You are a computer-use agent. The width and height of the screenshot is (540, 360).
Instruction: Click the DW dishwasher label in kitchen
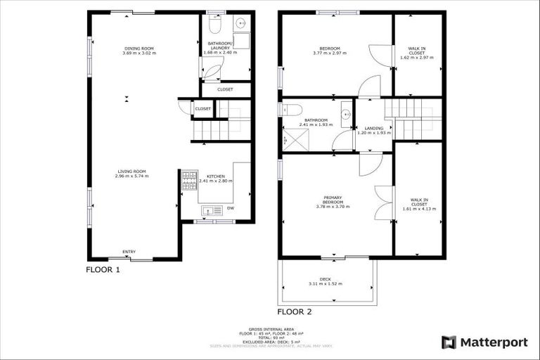231,207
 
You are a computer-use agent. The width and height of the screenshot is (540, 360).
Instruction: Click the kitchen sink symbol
210,210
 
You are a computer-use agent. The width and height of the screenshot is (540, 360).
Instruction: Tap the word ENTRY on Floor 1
129,252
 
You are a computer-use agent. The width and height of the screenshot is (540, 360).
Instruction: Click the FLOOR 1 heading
103,269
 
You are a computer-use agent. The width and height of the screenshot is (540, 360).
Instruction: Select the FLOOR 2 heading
295,311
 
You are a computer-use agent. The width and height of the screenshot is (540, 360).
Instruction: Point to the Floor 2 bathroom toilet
290,109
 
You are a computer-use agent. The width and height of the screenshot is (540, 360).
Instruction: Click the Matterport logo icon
449,342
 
